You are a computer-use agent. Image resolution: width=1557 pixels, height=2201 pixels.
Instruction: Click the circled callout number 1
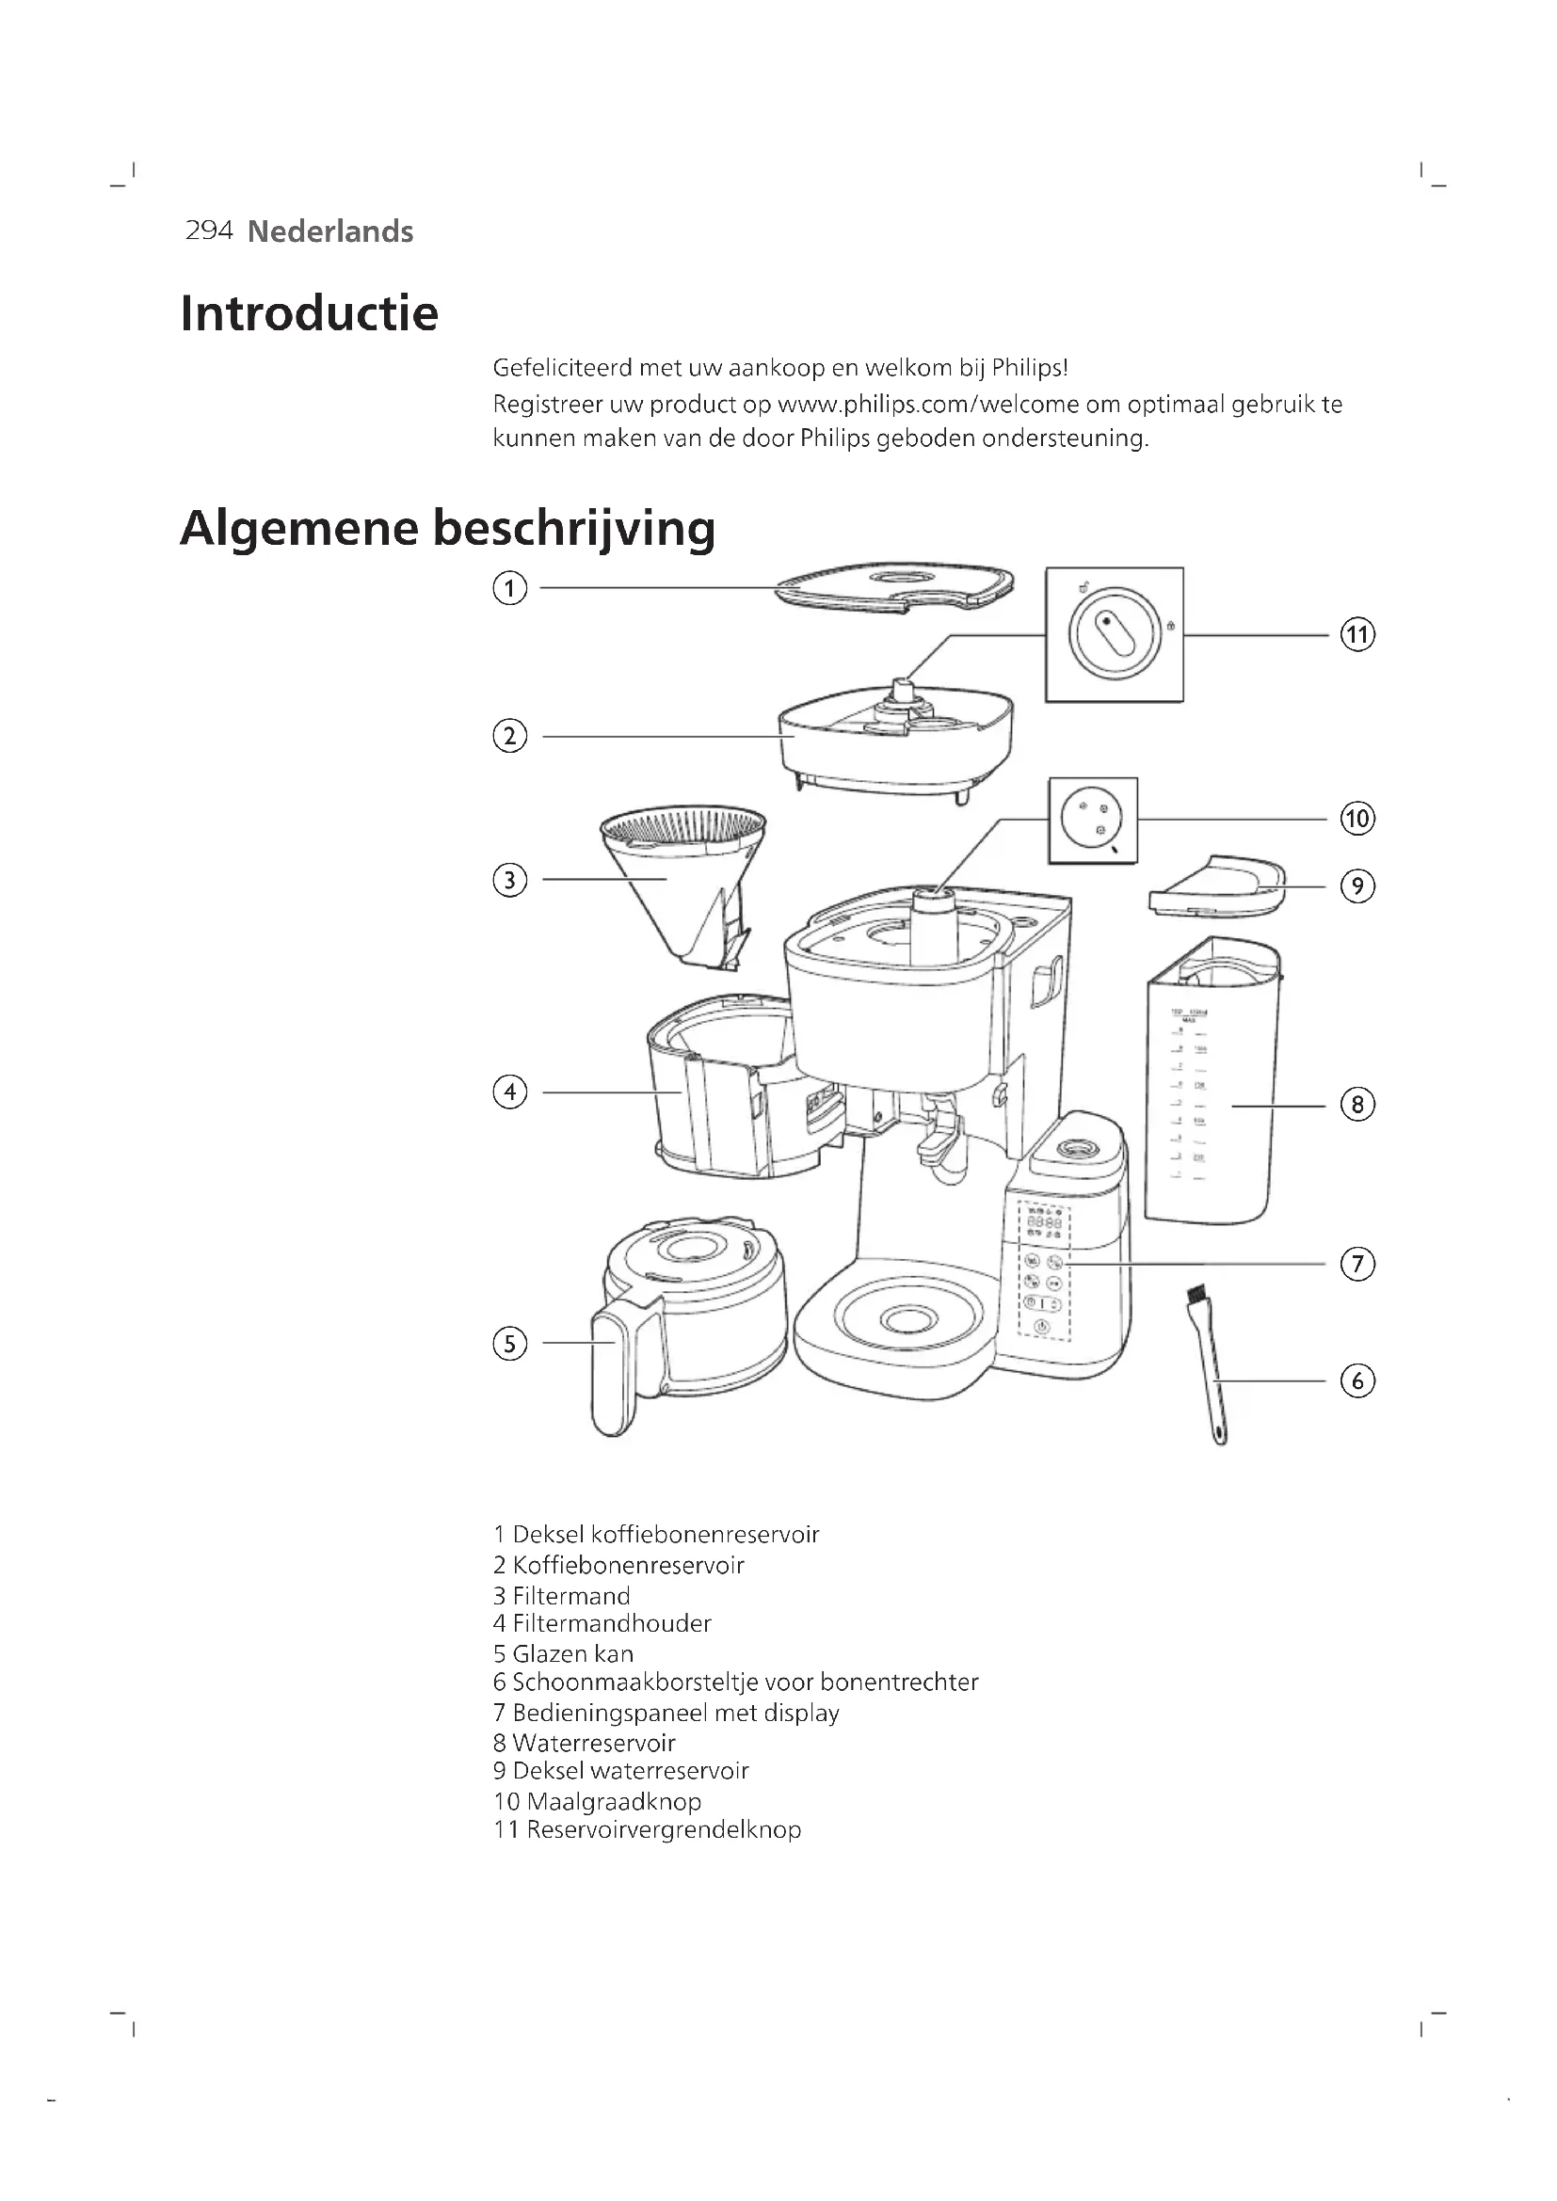(x=509, y=587)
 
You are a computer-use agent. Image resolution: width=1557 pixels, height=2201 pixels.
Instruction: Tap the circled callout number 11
(x=1356, y=634)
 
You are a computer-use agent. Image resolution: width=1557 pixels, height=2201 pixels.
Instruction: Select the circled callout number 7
(x=1356, y=1265)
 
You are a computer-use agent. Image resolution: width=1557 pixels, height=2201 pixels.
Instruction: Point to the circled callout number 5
(x=509, y=1343)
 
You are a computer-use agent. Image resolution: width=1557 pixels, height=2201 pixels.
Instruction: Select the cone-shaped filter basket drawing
(x=682, y=882)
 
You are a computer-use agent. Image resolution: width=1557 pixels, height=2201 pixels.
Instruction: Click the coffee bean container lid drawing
(x=893, y=584)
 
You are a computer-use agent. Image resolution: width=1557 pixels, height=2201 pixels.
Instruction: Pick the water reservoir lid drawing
(x=1217, y=885)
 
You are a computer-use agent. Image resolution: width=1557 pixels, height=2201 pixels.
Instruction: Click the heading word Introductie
(x=309, y=313)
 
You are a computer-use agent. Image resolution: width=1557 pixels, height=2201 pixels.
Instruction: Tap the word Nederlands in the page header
(x=329, y=231)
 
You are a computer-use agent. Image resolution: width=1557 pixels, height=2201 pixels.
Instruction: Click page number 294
(x=209, y=230)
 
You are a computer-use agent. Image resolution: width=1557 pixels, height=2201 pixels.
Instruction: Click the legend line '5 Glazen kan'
(x=563, y=1653)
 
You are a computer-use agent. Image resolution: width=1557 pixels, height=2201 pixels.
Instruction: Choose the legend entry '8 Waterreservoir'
(x=584, y=1743)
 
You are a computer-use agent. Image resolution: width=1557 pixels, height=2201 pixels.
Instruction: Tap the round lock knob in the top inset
(x=1113, y=633)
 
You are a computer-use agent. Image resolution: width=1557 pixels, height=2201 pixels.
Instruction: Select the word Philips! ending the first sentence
(x=1029, y=368)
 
